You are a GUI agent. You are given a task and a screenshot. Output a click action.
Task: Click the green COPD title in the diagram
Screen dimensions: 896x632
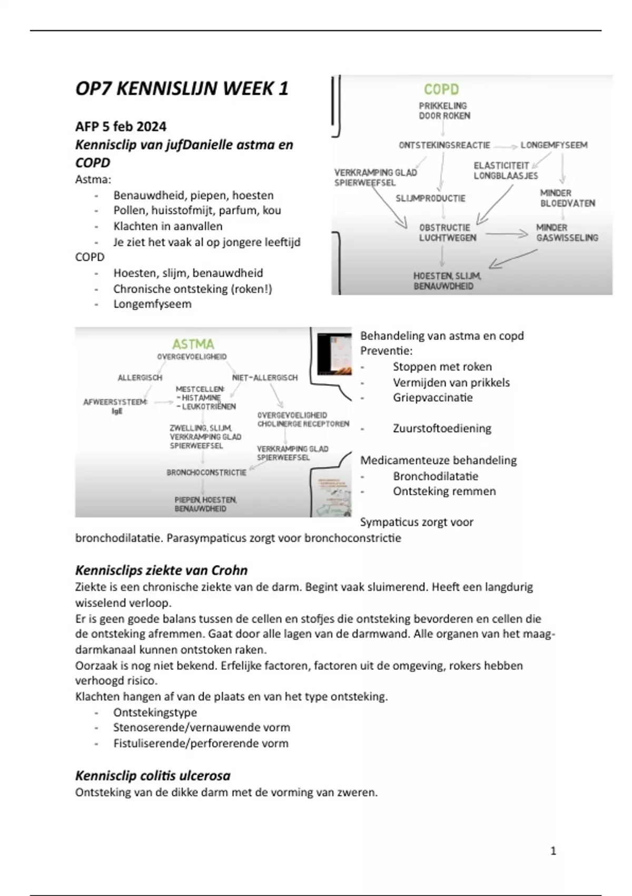point(441,89)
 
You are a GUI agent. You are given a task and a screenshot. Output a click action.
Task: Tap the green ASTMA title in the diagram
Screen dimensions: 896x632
point(193,344)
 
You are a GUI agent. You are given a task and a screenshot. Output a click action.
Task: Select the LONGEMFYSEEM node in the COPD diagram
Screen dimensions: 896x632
point(554,145)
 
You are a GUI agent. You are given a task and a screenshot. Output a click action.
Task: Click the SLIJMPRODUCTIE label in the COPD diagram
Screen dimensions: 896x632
point(430,198)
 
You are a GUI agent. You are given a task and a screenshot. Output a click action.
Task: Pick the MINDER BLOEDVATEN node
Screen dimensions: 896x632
point(567,198)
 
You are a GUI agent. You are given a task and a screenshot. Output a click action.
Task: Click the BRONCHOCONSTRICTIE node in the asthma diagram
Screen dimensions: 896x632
point(206,472)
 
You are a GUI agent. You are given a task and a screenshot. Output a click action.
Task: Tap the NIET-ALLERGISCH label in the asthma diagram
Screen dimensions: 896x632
point(265,377)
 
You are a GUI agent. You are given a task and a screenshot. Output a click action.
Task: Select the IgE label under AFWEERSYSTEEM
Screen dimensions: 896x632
point(117,411)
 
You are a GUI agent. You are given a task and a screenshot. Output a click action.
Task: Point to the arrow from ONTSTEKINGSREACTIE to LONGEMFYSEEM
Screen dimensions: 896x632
point(505,145)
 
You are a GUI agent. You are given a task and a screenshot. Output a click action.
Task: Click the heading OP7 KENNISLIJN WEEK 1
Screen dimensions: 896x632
point(182,89)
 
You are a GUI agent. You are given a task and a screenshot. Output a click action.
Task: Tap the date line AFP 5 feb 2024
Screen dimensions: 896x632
point(121,126)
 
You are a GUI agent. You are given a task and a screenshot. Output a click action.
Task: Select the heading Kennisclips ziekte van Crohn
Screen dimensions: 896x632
point(161,570)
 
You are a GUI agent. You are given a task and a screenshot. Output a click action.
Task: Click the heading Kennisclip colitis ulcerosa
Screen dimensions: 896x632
point(153,775)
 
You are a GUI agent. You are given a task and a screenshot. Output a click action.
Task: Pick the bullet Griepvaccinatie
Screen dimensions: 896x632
point(432,397)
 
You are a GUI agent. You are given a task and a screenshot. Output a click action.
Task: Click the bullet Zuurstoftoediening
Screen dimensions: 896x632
point(442,428)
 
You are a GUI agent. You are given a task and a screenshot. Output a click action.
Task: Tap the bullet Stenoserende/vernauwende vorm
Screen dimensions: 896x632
point(201,727)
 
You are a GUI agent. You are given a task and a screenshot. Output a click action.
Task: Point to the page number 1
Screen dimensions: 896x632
point(553,851)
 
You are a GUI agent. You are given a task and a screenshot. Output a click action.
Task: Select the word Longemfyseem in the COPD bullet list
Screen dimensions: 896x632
point(152,304)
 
